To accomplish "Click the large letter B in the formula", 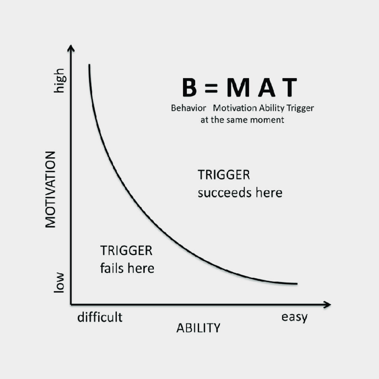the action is pyautogui.click(x=189, y=87).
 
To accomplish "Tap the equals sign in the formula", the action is pyautogui.click(x=211, y=88).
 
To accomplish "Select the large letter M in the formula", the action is pyautogui.click(x=238, y=87).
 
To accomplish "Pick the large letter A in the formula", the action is pyautogui.click(x=266, y=87).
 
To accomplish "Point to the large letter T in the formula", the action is pyautogui.click(x=290, y=87).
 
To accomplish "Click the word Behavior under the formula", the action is pyautogui.click(x=188, y=108).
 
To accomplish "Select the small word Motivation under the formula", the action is pyautogui.click(x=235, y=108).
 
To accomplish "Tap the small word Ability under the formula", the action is pyautogui.click(x=272, y=108).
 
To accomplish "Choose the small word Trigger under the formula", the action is pyautogui.click(x=300, y=108).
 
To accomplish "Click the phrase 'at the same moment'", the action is pyautogui.click(x=242, y=120).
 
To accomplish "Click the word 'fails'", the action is pyautogui.click(x=112, y=268).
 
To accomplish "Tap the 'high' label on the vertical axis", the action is pyautogui.click(x=59, y=80).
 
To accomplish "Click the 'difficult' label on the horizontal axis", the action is pyautogui.click(x=100, y=317).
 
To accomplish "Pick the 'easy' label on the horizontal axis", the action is pyautogui.click(x=294, y=317).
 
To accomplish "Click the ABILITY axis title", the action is pyautogui.click(x=199, y=328).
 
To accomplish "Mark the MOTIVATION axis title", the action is pyautogui.click(x=50, y=189).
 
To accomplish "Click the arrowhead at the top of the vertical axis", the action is pyautogui.click(x=71, y=48).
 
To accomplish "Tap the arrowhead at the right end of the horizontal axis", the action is pyautogui.click(x=327, y=305).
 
